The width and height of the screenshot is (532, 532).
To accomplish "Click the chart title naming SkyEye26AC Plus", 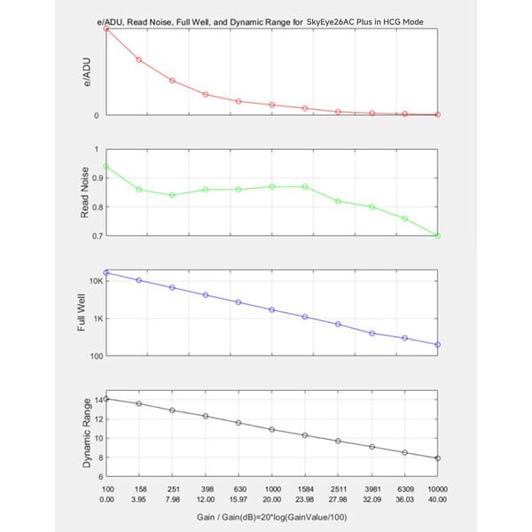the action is click(x=260, y=22).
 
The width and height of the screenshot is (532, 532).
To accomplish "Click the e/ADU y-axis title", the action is click(x=87, y=72).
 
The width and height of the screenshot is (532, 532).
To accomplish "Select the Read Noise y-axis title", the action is click(x=84, y=192).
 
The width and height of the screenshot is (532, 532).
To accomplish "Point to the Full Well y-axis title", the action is click(x=81, y=312).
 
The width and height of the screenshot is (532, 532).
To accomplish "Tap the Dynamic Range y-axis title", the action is click(x=87, y=433).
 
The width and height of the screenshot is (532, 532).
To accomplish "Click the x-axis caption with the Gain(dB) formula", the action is click(x=272, y=517).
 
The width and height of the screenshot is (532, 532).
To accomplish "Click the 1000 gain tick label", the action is click(x=273, y=489).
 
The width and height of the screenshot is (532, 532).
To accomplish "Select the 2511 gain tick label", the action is click(x=339, y=489).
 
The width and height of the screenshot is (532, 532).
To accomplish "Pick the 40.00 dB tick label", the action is click(x=437, y=499).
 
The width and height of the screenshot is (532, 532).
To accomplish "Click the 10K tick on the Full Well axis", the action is click(x=96, y=281).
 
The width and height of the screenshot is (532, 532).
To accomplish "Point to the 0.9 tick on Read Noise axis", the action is click(x=98, y=178).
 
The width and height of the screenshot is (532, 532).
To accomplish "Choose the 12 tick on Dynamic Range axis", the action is click(x=98, y=419).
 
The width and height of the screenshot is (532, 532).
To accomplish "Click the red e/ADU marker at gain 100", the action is click(x=106, y=29).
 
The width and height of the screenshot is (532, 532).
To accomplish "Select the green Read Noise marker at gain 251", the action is click(x=172, y=195).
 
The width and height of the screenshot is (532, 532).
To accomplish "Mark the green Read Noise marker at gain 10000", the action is click(x=438, y=236).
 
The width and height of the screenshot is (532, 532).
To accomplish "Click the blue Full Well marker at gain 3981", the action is click(x=372, y=333).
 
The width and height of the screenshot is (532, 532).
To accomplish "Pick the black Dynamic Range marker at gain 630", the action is click(x=239, y=423).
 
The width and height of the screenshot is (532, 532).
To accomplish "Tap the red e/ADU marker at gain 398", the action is click(x=206, y=94).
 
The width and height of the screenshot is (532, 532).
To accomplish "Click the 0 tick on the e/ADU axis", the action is click(x=97, y=115).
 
